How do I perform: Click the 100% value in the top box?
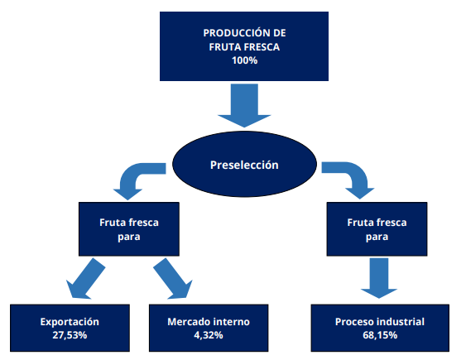click(x=245, y=60)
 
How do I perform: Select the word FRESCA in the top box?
click(x=262, y=47)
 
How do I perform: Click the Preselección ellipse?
click(x=245, y=164)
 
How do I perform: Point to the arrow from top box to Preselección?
click(x=244, y=105)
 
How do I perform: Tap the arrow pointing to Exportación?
click(x=85, y=279)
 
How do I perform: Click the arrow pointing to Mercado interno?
click(x=173, y=279)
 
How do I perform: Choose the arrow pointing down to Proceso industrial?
click(x=379, y=278)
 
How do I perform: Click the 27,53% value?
click(x=70, y=335)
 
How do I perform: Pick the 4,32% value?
click(x=209, y=335)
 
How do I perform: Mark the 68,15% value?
click(x=380, y=335)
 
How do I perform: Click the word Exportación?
click(x=70, y=322)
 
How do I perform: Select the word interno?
click(x=231, y=322)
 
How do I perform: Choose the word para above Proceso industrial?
click(x=377, y=237)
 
